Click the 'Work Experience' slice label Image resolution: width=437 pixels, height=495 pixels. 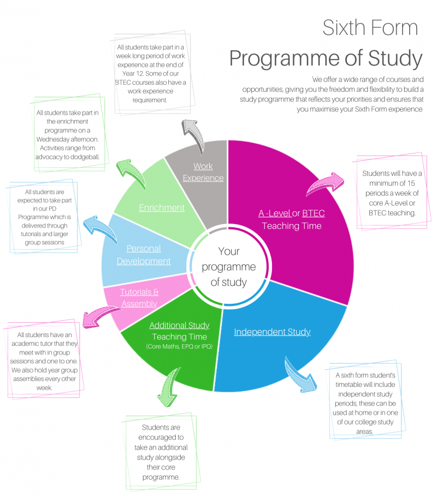pyautogui.click(x=203, y=172)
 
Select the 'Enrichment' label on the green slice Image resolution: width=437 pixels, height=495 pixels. pyautogui.click(x=162, y=208)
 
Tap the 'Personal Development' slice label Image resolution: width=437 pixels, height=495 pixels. pyautogui.click(x=144, y=255)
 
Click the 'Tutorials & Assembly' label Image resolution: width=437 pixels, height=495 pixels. pyautogui.click(x=139, y=298)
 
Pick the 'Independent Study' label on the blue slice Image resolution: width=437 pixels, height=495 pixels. pyautogui.click(x=272, y=332)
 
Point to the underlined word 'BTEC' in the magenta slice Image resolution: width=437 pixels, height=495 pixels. pyautogui.click(x=313, y=213)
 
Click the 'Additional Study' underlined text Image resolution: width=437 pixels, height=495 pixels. pyautogui.click(x=179, y=326)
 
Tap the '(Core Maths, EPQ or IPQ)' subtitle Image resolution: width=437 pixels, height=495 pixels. pyautogui.click(x=179, y=347)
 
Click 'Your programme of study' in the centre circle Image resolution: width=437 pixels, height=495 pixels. pyautogui.click(x=229, y=267)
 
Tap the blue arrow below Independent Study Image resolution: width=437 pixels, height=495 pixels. pyautogui.click(x=299, y=374)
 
